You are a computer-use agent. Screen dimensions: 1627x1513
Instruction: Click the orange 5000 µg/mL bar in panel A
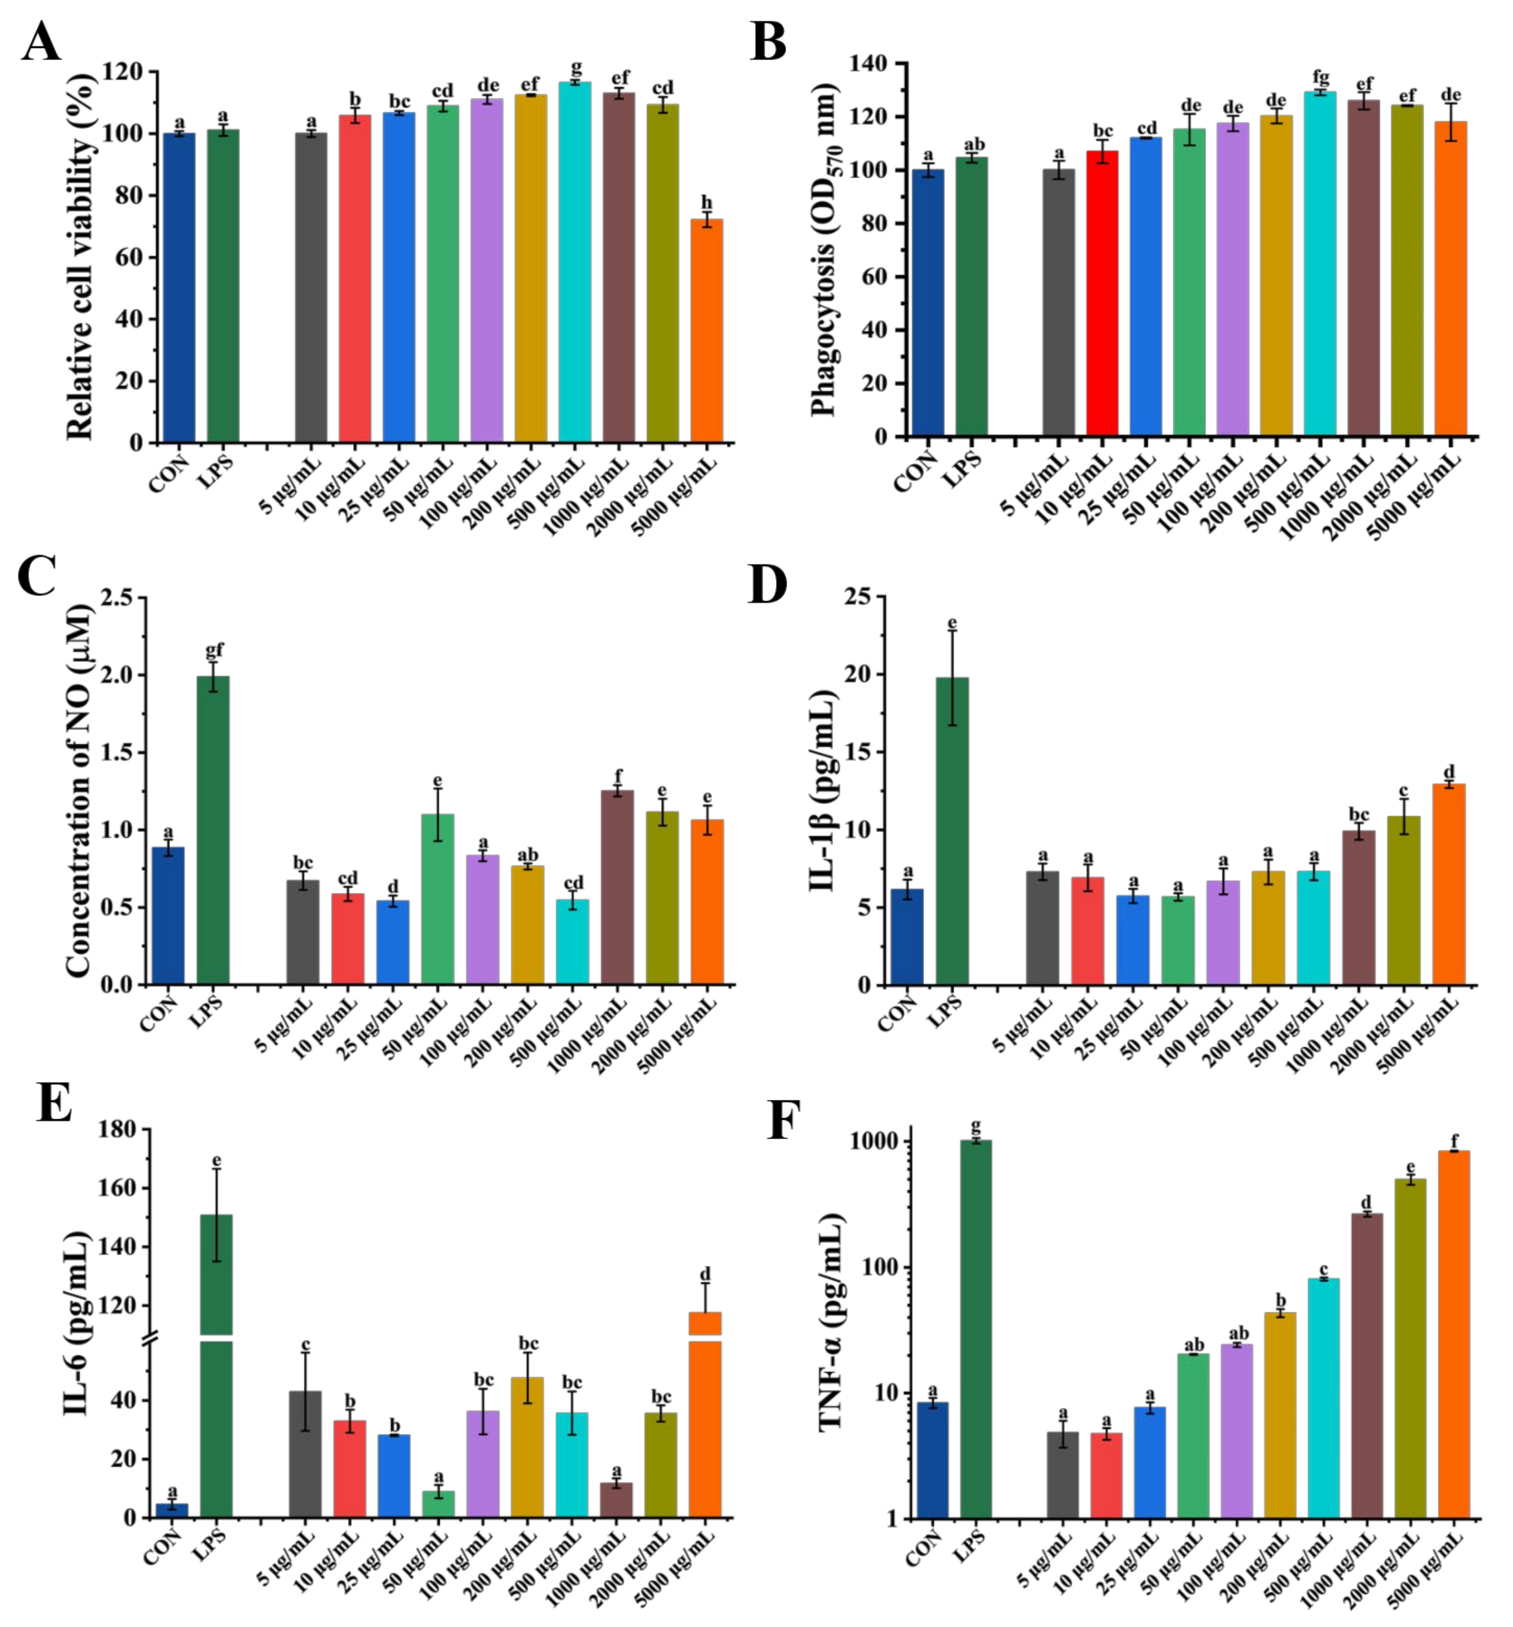pos(706,332)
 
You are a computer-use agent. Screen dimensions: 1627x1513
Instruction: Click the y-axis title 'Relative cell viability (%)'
pos(80,254)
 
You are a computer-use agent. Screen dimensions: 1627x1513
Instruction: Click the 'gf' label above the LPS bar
pos(214,650)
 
